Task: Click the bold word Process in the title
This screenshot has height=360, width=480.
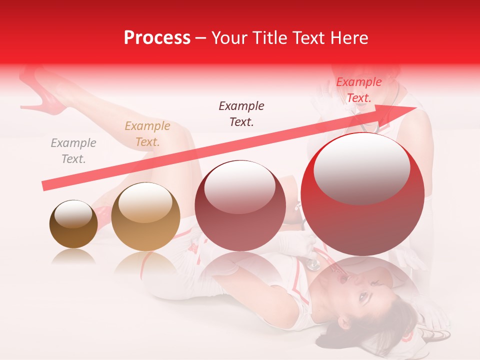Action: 157,38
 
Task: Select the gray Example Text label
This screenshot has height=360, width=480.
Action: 73,151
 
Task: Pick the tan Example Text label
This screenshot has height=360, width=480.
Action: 147,134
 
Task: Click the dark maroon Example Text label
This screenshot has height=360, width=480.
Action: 241,113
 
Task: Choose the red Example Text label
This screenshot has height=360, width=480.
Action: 358,90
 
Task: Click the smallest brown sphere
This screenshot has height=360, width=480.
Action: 73,224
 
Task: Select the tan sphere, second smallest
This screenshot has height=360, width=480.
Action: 145,216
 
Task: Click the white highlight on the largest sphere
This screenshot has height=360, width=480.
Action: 361,168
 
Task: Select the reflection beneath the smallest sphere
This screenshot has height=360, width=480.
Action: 73,255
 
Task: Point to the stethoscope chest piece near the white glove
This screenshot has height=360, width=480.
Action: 313,263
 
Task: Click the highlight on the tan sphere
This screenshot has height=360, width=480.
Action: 145,203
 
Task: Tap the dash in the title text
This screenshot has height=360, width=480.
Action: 200,38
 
